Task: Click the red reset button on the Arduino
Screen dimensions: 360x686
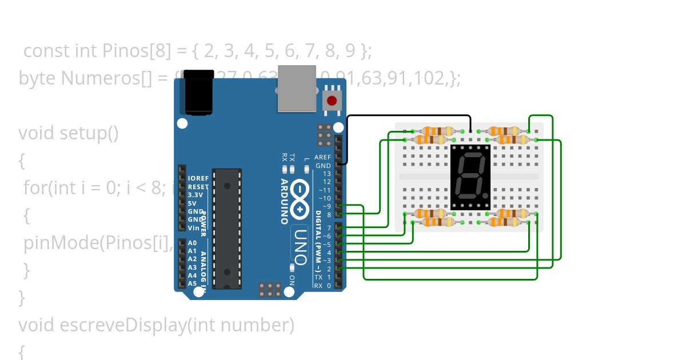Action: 331,102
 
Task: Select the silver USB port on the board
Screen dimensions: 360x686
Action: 297,88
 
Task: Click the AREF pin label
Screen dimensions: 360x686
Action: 323,157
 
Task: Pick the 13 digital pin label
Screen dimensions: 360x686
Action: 327,173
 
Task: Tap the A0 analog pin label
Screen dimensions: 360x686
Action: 192,243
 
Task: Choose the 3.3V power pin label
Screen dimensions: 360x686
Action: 195,195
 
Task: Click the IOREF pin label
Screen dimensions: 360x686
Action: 198,178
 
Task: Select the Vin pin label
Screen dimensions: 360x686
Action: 193,227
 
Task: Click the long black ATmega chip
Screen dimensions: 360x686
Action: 227,228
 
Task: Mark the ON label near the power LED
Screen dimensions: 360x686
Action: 292,280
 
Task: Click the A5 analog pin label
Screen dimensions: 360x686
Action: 192,283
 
